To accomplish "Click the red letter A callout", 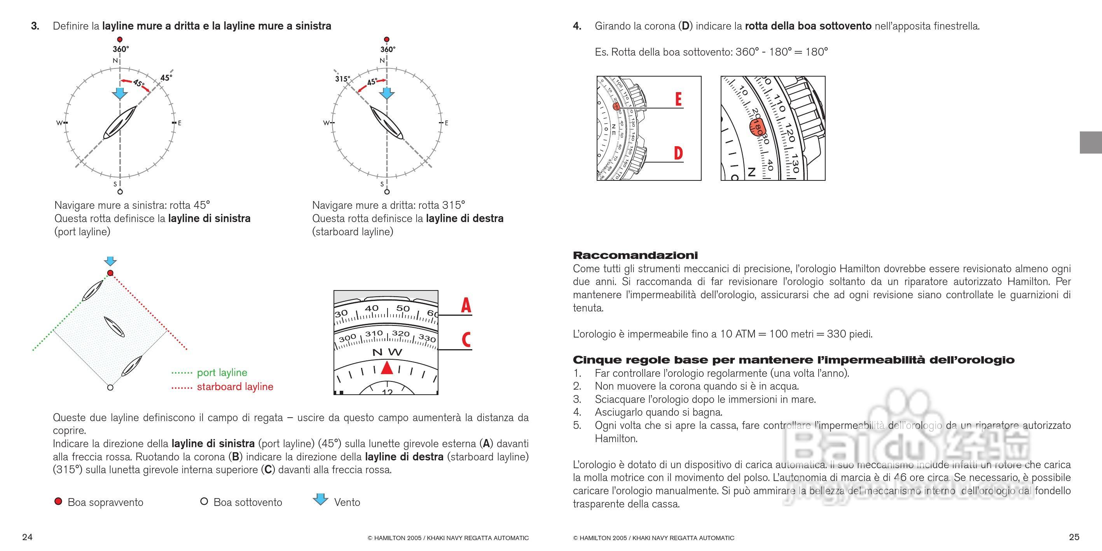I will coord(466,306).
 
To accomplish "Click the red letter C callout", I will coord(466,340).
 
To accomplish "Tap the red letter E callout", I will coord(678,99).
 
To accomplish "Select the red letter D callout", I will coord(678,153).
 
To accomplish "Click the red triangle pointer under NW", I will coord(387,368).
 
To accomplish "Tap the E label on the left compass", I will coord(180,123).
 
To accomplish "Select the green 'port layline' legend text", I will coord(222,373).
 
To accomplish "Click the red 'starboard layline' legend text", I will coord(235,387).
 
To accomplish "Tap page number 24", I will coord(27,537).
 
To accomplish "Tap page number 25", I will coord(1074,537).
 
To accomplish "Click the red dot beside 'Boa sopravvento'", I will coord(59,501).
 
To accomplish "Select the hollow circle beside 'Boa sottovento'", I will coord(204,501).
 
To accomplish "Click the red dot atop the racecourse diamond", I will coord(110,273).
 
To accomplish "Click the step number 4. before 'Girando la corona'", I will coord(577,26).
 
